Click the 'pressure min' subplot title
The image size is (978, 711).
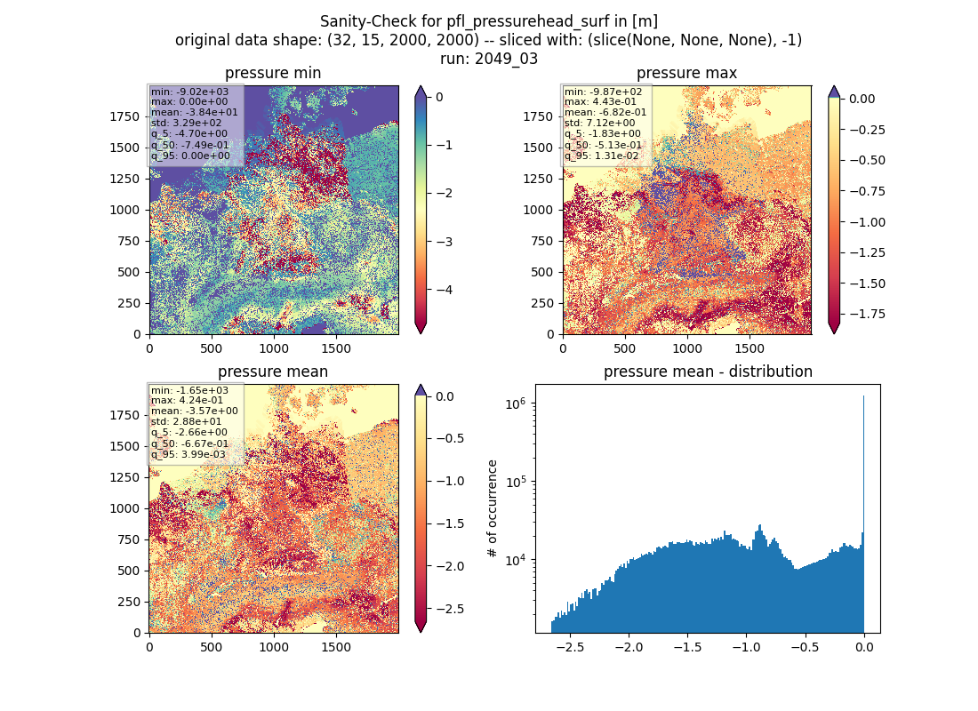tap(273, 74)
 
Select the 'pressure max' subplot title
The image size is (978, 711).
tap(686, 74)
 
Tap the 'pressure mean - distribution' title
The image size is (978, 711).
tap(708, 371)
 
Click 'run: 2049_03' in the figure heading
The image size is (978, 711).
tap(488, 59)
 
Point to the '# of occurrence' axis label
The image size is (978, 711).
tap(493, 509)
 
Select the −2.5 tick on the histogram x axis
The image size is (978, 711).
tap(570, 647)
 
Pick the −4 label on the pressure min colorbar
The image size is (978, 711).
tap(440, 290)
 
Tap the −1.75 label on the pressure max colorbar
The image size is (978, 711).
tap(868, 314)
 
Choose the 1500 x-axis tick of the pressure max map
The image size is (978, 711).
tap(750, 348)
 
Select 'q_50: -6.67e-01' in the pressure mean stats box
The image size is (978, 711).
tap(190, 443)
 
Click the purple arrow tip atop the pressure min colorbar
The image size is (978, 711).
tap(421, 87)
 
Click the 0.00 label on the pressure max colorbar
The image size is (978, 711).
tap(862, 99)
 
